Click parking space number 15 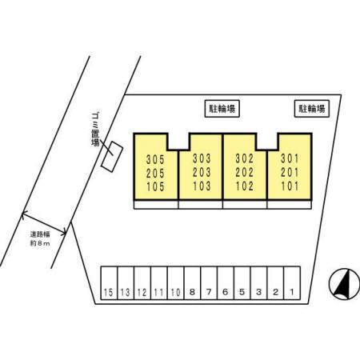(x=109, y=283)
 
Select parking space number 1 (x=292, y=283)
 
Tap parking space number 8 (x=192, y=283)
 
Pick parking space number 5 (x=242, y=283)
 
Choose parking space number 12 (x=142, y=283)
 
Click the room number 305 (x=155, y=159)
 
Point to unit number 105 (x=155, y=186)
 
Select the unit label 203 (x=202, y=172)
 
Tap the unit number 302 (x=245, y=158)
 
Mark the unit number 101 (x=290, y=186)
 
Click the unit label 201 (x=290, y=173)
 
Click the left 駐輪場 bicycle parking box (x=222, y=109)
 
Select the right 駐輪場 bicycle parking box (x=312, y=109)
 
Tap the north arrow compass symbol (x=344, y=284)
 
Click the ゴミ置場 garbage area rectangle (x=112, y=157)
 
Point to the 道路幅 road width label (x=40, y=234)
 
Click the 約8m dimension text (x=40, y=243)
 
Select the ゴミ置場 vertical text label (x=95, y=130)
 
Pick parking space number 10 (x=175, y=283)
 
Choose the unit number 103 (x=202, y=186)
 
